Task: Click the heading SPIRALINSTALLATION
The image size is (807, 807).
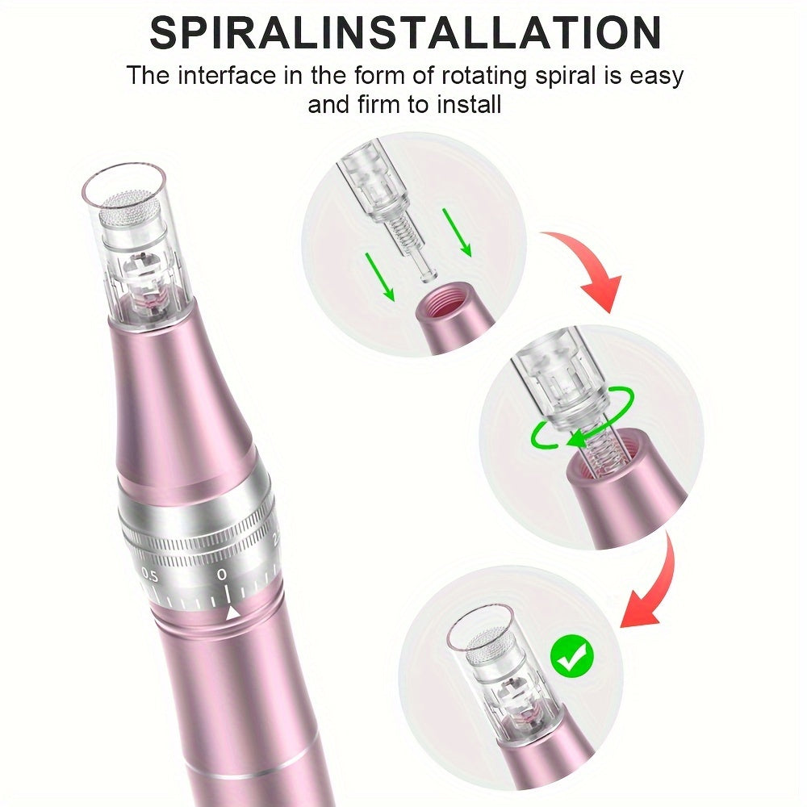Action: (x=405, y=32)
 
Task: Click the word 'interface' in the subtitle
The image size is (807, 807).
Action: (x=227, y=76)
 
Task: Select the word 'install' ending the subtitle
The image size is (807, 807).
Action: (x=469, y=104)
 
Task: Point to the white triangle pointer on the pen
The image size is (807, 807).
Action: (x=232, y=613)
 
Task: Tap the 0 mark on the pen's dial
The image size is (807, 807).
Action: (x=222, y=575)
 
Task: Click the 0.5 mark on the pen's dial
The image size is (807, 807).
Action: (x=150, y=575)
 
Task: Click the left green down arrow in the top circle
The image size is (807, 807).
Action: (x=379, y=277)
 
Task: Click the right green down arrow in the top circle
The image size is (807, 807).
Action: (x=457, y=232)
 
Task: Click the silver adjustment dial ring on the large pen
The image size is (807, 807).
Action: (x=201, y=546)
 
